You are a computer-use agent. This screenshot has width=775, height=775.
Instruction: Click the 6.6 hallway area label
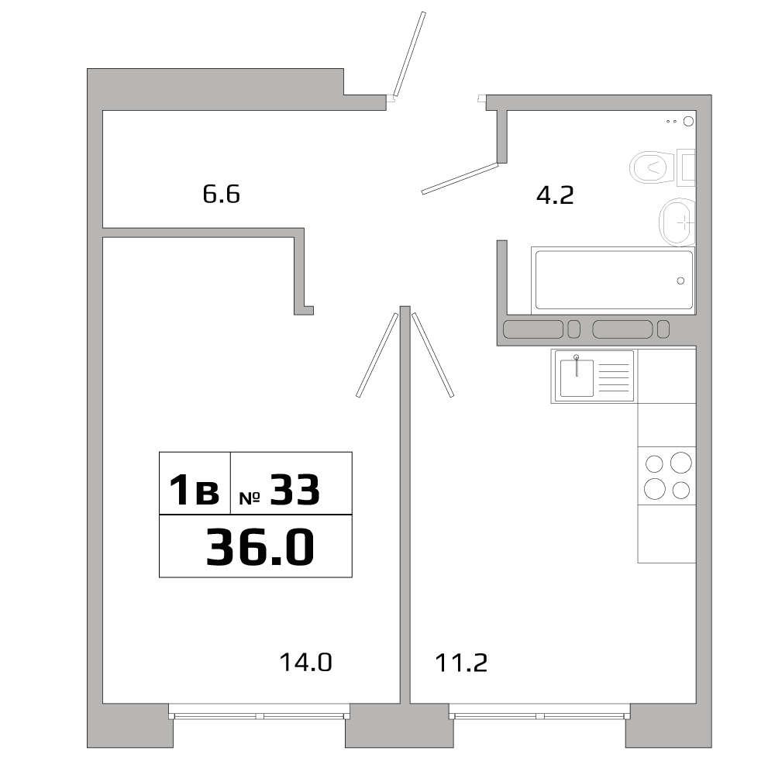222,194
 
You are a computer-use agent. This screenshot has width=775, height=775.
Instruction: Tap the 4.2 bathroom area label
555,195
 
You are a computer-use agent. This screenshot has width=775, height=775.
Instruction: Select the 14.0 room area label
305,663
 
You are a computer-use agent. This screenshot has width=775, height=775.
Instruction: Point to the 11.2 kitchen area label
460,663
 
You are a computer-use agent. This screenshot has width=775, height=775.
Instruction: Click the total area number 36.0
260,548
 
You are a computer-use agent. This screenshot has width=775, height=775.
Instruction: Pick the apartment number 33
294,491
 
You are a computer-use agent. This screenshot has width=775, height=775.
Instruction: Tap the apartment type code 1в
195,491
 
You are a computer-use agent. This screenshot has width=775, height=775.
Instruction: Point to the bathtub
612,281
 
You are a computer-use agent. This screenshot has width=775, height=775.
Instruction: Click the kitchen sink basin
577,377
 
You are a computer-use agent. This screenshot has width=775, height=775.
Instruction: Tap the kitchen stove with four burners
666,476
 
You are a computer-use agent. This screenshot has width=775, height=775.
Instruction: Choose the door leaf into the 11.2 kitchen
432,354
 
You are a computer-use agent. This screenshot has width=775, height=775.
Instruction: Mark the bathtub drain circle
680,281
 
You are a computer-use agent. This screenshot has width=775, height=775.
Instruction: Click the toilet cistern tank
687,167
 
